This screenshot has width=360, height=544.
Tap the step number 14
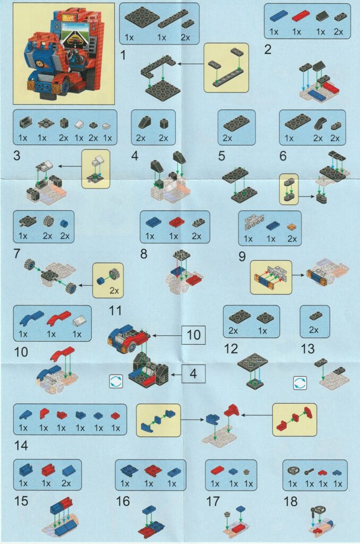21,445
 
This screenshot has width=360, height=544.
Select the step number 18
290,501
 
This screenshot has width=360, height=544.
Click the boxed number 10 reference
193,335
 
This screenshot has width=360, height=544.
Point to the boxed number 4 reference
193,373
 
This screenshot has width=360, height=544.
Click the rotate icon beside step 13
300,383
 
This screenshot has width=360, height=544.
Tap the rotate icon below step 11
116,381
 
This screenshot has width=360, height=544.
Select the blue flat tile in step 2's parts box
279,15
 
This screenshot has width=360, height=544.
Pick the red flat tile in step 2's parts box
301,15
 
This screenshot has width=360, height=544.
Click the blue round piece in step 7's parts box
64,223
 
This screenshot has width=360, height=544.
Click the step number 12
231,348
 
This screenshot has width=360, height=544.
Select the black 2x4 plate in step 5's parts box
237,123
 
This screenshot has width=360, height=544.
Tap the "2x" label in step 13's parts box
313,330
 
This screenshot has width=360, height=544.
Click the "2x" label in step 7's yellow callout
114,291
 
